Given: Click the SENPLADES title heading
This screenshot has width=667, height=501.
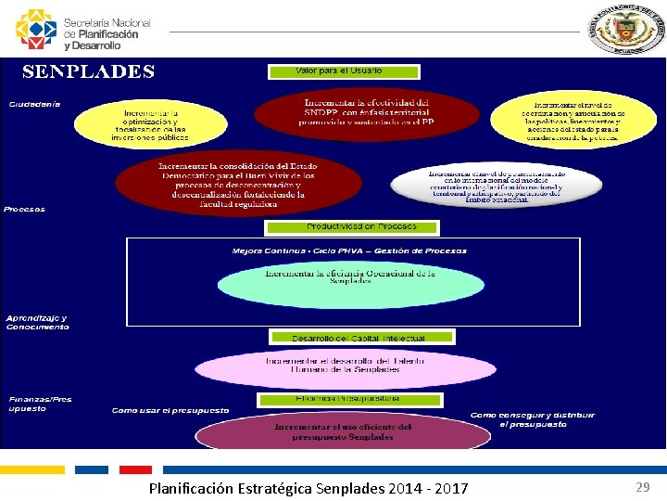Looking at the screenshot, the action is click(x=89, y=71).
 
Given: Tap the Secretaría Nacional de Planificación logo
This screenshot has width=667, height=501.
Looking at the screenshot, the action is click(x=83, y=30).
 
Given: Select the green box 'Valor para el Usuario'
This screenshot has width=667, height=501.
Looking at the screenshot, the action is click(x=344, y=71).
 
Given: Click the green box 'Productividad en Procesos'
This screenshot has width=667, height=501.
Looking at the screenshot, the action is click(x=352, y=226).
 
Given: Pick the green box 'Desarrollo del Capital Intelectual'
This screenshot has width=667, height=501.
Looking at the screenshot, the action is click(x=361, y=338).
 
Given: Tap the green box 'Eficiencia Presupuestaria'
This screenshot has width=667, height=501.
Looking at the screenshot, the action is click(x=348, y=398).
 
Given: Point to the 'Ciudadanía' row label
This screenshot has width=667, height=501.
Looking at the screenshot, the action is click(x=35, y=103).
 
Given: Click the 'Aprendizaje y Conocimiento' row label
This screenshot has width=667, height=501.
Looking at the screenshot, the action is click(x=37, y=322).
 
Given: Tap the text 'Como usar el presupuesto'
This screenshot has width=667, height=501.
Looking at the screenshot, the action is click(x=170, y=409).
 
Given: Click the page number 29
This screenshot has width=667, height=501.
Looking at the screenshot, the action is click(x=643, y=487).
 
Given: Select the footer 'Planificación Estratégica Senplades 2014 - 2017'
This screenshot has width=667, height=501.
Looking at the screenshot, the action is click(x=308, y=488).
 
